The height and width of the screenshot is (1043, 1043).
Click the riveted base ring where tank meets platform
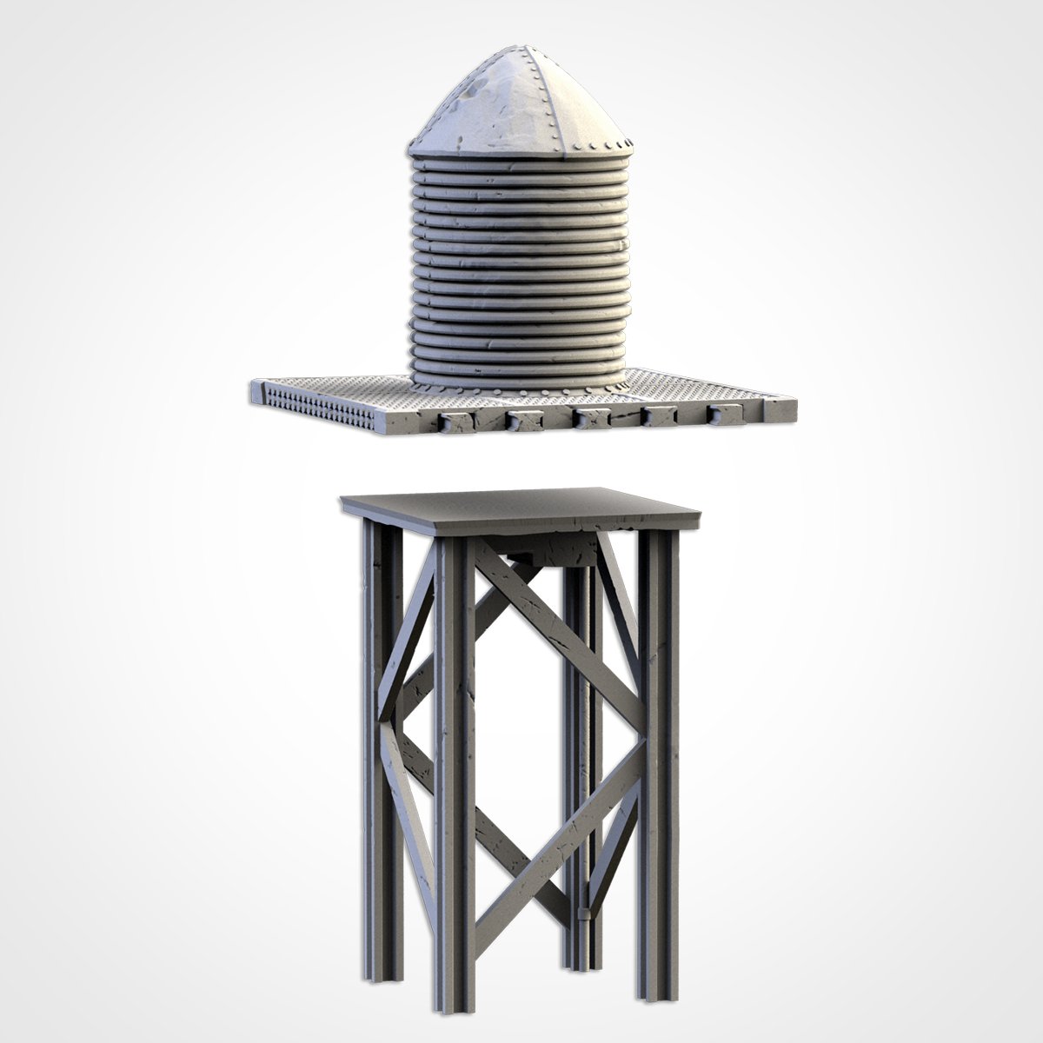pyautogui.click(x=519, y=379)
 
